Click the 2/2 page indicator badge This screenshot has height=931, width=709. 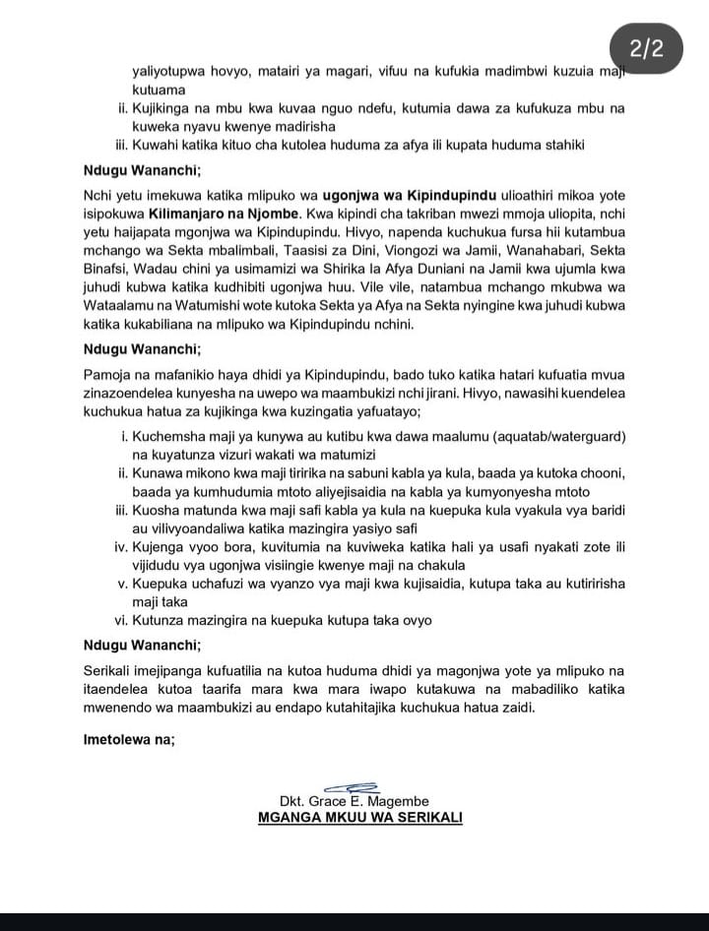tap(646, 48)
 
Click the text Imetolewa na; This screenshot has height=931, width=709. tap(130, 739)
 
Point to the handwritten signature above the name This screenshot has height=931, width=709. tap(352, 786)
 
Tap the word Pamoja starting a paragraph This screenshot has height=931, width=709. tap(108, 375)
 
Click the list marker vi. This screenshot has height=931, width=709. tap(122, 620)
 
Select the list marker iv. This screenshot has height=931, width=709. tap(121, 546)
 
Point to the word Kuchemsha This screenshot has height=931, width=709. tap(167, 436)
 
